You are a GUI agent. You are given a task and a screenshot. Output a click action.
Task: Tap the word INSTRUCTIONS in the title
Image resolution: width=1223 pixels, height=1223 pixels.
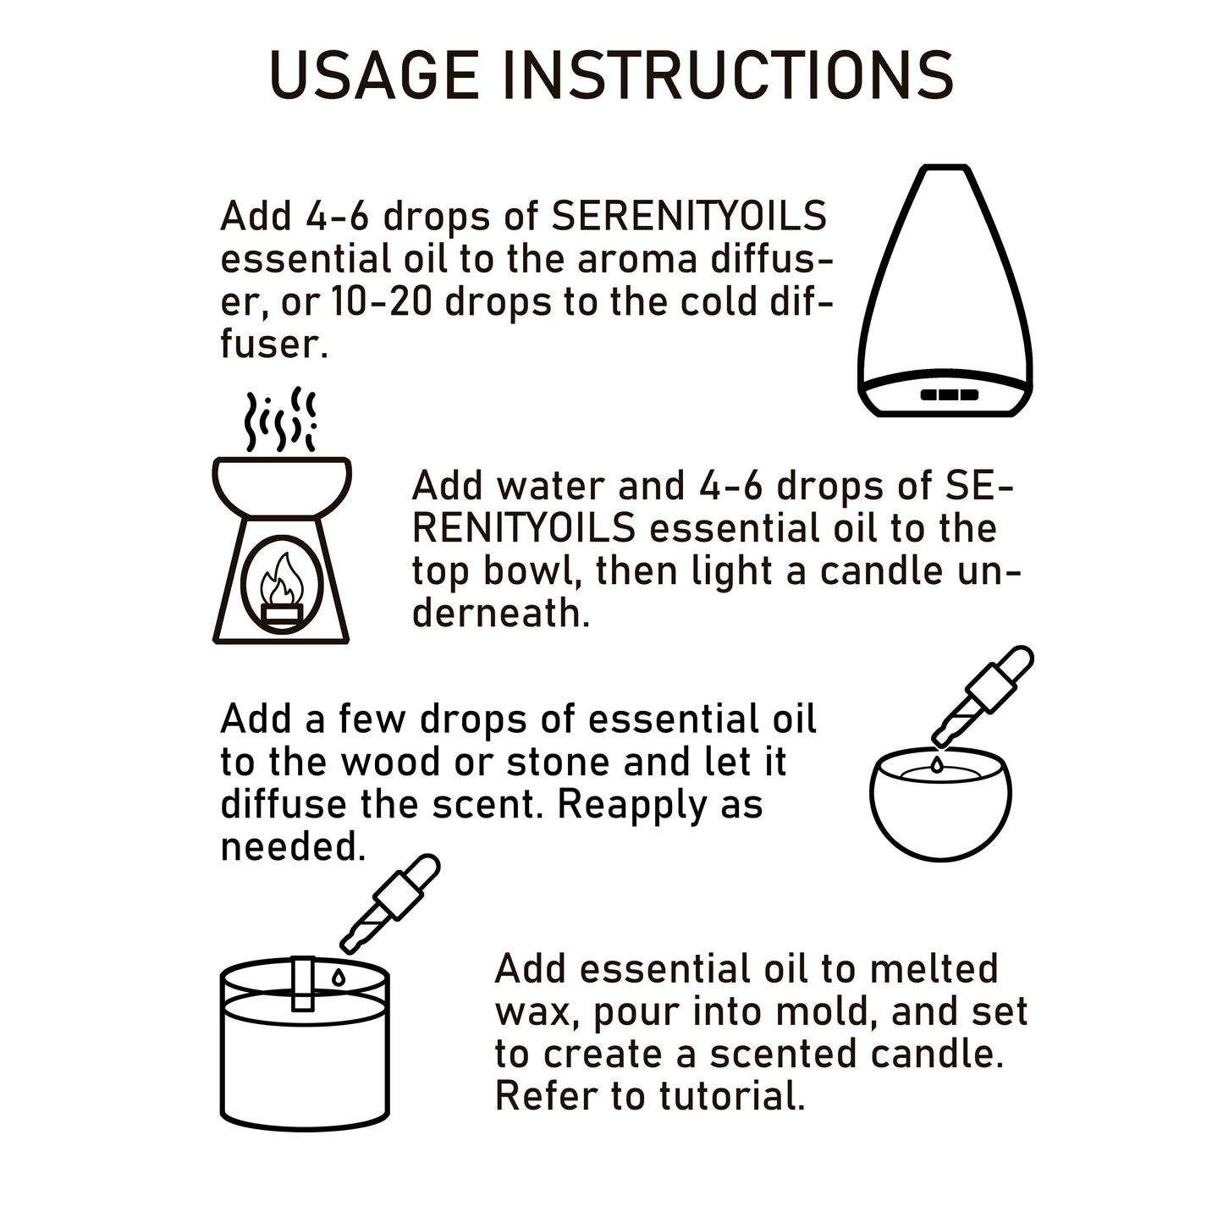(x=728, y=76)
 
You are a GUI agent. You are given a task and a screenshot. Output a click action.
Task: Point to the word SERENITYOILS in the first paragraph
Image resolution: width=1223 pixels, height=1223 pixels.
(x=689, y=217)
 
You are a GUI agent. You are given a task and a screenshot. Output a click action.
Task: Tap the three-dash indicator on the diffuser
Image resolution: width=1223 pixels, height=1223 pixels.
(x=949, y=394)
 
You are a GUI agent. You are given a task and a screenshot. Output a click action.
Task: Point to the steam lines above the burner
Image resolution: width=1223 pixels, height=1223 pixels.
(x=280, y=420)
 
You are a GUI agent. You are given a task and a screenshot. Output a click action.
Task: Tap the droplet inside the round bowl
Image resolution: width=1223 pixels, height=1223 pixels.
(x=937, y=765)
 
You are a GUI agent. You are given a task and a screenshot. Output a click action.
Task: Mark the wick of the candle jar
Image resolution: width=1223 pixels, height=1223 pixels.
(x=303, y=982)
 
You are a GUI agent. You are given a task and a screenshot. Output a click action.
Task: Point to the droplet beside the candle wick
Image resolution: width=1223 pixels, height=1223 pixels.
(x=339, y=977)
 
